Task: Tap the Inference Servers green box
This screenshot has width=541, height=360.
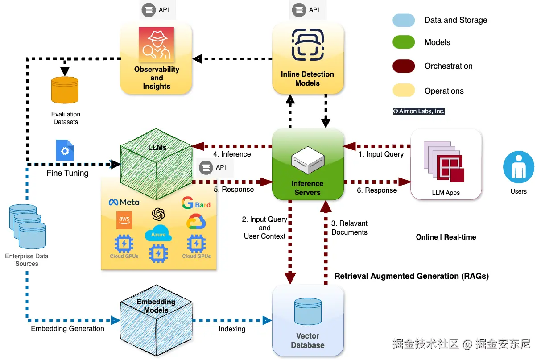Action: [x=308, y=164]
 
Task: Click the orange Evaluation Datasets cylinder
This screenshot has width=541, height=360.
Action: [x=65, y=90]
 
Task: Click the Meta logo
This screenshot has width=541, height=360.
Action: [x=124, y=203]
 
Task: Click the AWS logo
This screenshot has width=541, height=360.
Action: [x=124, y=220]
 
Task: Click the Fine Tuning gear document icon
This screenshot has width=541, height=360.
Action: [x=65, y=150]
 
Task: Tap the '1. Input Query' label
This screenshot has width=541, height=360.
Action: [x=381, y=154]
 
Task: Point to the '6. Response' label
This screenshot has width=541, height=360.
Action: [x=377, y=190]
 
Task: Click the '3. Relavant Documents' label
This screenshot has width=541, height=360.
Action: [x=349, y=228]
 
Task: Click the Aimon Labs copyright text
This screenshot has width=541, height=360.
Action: [x=419, y=111]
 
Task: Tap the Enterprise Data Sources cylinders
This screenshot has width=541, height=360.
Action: [x=27, y=226]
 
